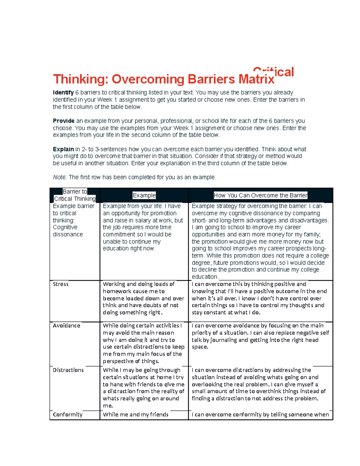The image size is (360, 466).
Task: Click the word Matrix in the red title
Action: click(256, 79)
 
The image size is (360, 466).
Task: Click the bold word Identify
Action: click(63, 93)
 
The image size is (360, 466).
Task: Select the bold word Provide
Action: click(64, 121)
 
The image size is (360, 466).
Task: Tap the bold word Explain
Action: click(63, 149)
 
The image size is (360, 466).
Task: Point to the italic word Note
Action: click(59, 177)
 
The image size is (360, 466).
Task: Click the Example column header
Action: click(144, 195)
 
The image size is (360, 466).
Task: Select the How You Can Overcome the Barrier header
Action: click(260, 195)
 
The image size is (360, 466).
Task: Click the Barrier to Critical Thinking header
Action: click(75, 195)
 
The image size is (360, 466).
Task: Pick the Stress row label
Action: click(61, 284)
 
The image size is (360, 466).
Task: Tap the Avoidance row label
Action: click(67, 326)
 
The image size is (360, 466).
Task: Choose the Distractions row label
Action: click(68, 370)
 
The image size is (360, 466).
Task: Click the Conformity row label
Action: click(67, 414)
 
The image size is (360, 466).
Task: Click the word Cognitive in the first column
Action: click(65, 227)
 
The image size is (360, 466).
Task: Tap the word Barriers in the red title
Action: click(211, 79)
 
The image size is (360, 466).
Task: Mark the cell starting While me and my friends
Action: click(136, 414)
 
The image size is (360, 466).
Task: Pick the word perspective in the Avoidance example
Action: click(118, 361)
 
